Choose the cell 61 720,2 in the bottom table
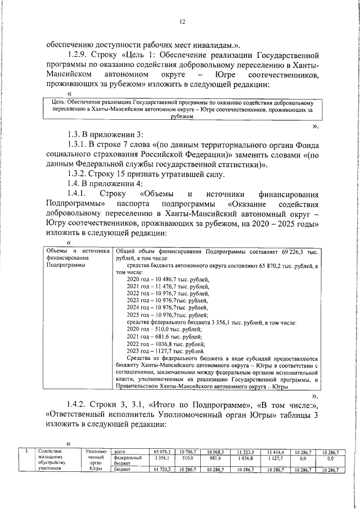[162, 469]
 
